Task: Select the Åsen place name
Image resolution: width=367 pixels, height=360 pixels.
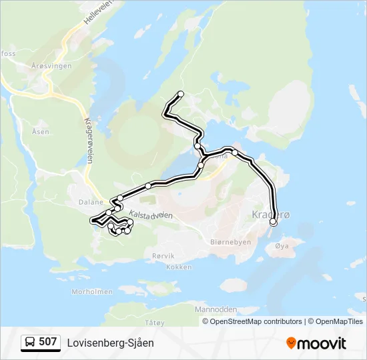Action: (x=40, y=131)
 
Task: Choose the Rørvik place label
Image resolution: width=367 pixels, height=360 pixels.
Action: (x=163, y=255)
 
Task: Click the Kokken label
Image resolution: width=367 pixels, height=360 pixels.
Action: (x=179, y=267)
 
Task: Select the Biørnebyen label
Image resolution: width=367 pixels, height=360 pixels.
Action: (x=230, y=242)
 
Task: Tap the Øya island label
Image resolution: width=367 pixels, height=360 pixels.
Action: (x=282, y=245)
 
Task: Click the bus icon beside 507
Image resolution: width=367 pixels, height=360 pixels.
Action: (x=30, y=343)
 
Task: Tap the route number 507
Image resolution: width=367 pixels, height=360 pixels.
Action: (x=48, y=342)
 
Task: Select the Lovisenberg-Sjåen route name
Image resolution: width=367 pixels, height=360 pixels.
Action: (x=110, y=343)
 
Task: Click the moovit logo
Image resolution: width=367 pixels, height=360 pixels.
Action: (x=316, y=343)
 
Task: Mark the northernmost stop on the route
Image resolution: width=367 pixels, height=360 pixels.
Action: (x=180, y=93)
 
